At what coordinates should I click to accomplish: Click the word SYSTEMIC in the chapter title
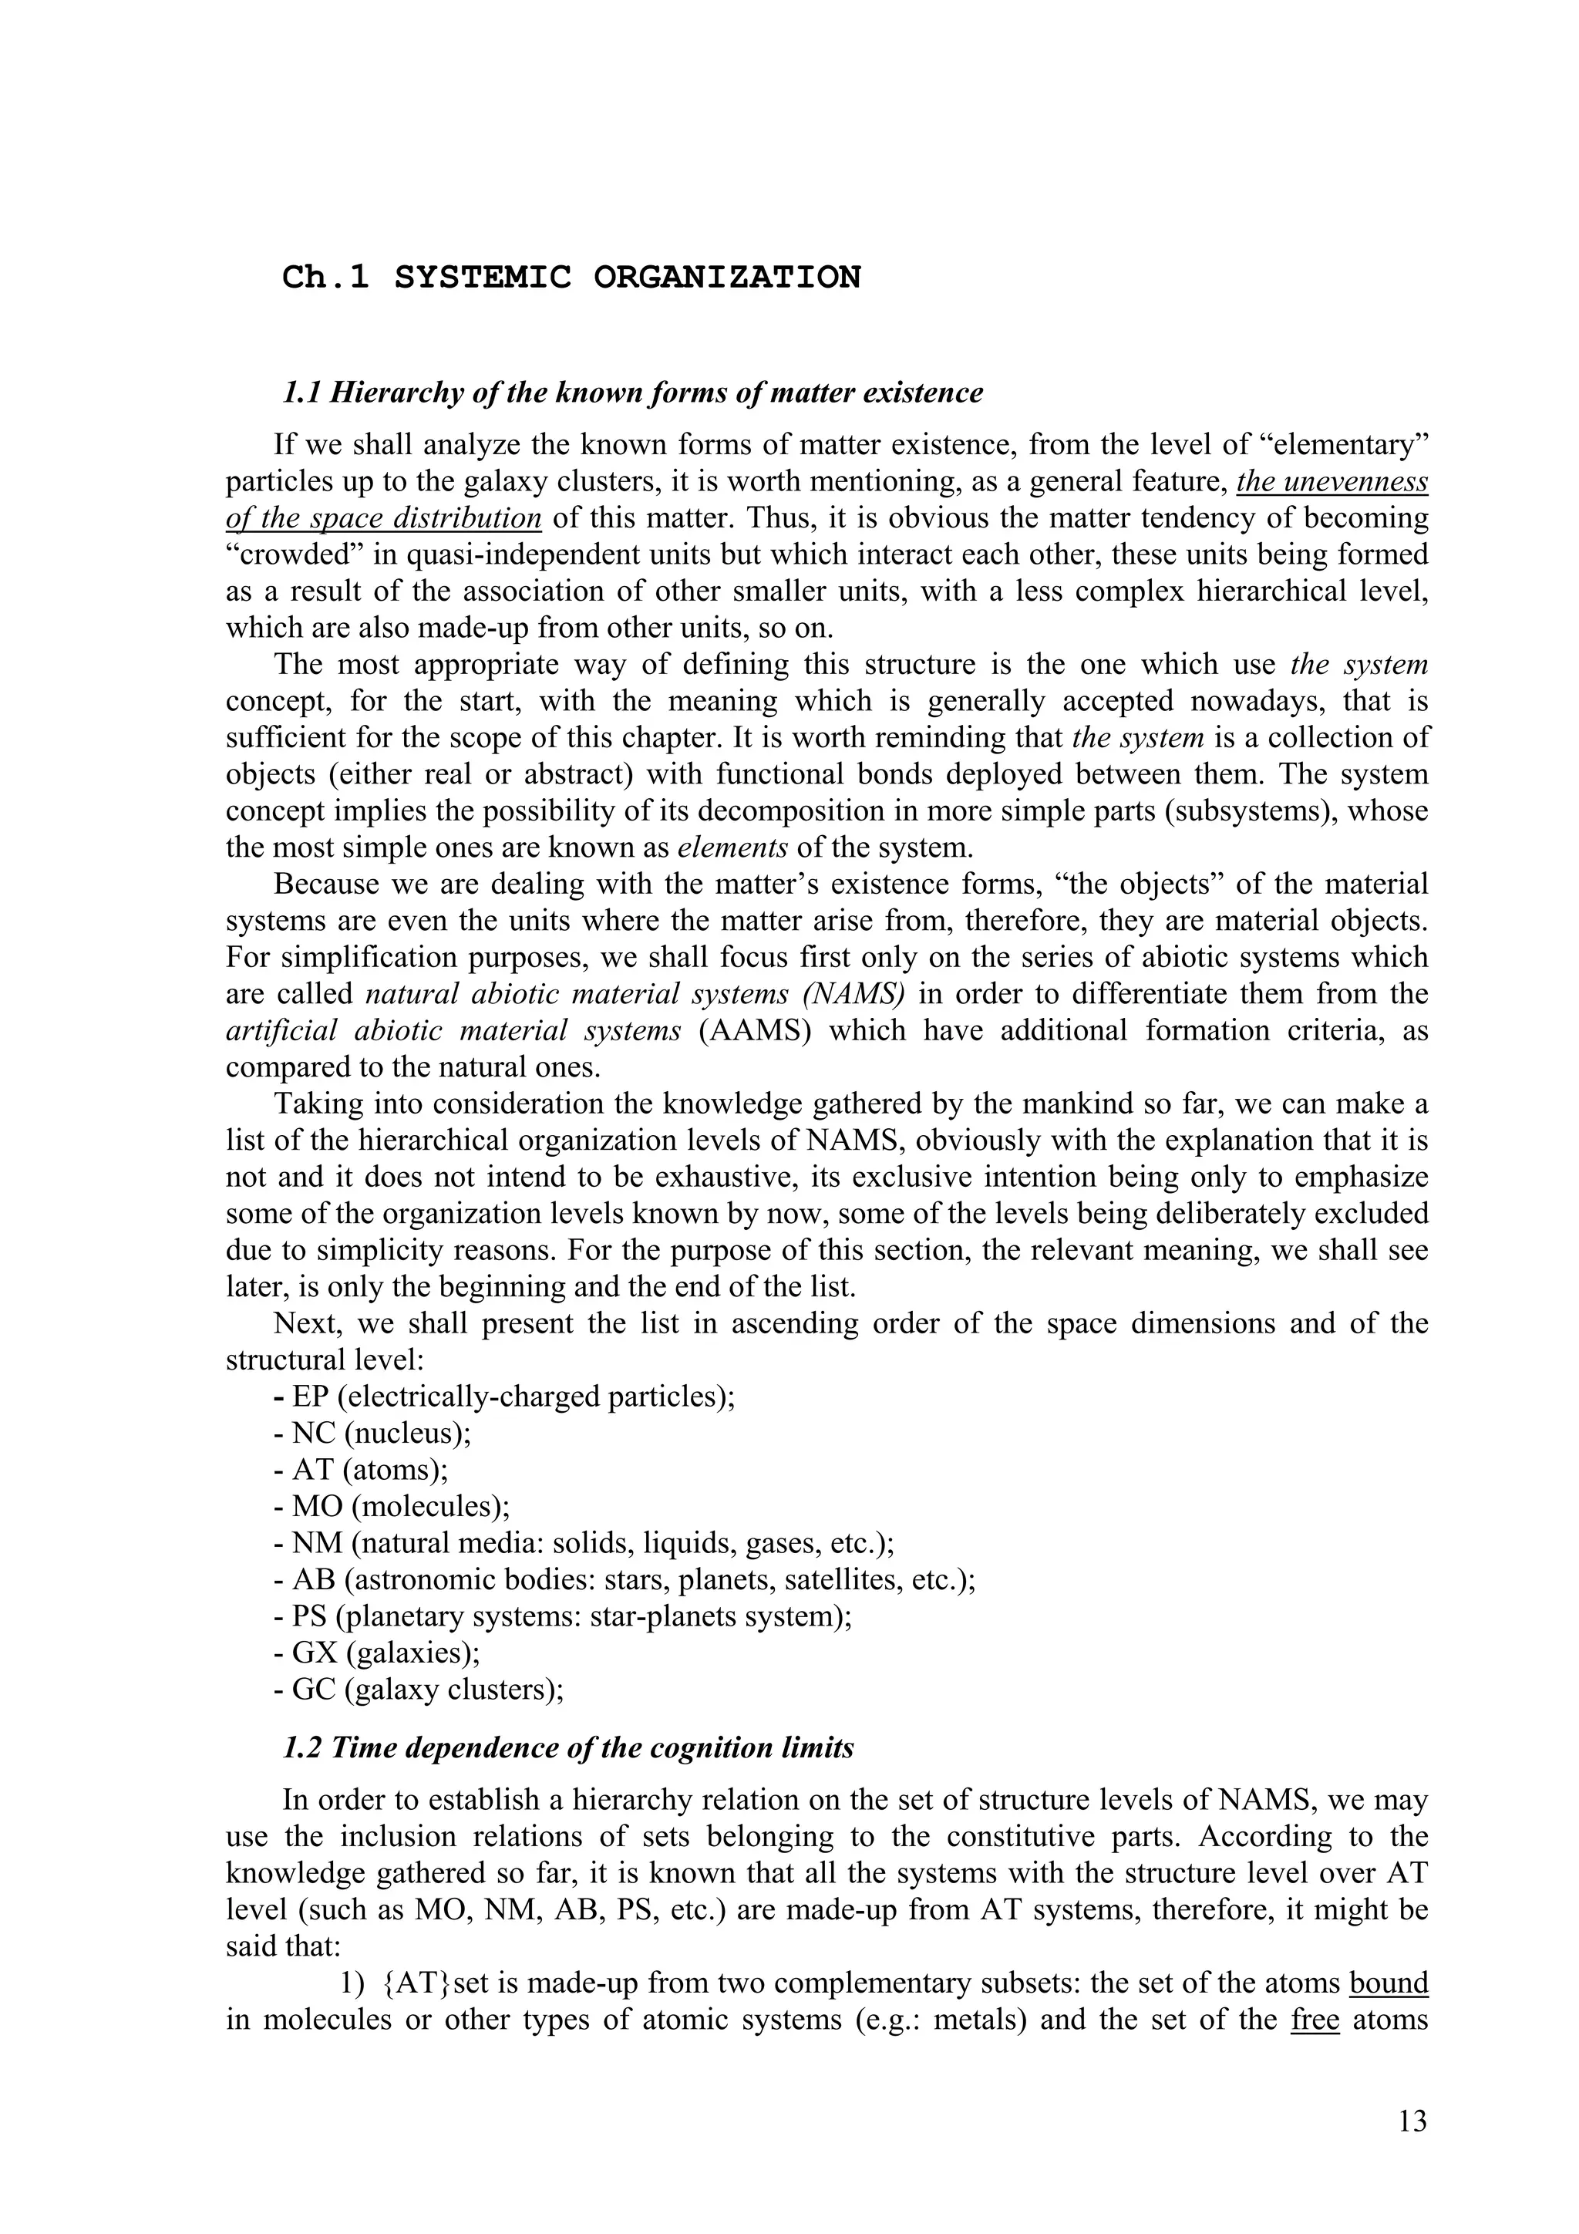(x=483, y=278)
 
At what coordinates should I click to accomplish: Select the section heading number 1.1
(x=302, y=393)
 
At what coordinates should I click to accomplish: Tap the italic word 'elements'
(x=732, y=847)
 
